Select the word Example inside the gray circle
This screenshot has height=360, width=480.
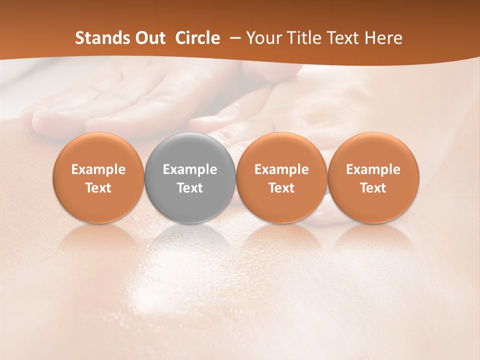[190, 169]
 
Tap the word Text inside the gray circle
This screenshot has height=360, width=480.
[190, 188]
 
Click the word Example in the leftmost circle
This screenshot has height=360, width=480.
[98, 169]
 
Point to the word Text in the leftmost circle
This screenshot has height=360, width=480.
[98, 188]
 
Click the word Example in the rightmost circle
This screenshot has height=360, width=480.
[373, 169]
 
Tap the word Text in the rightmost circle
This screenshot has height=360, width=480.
[373, 188]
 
